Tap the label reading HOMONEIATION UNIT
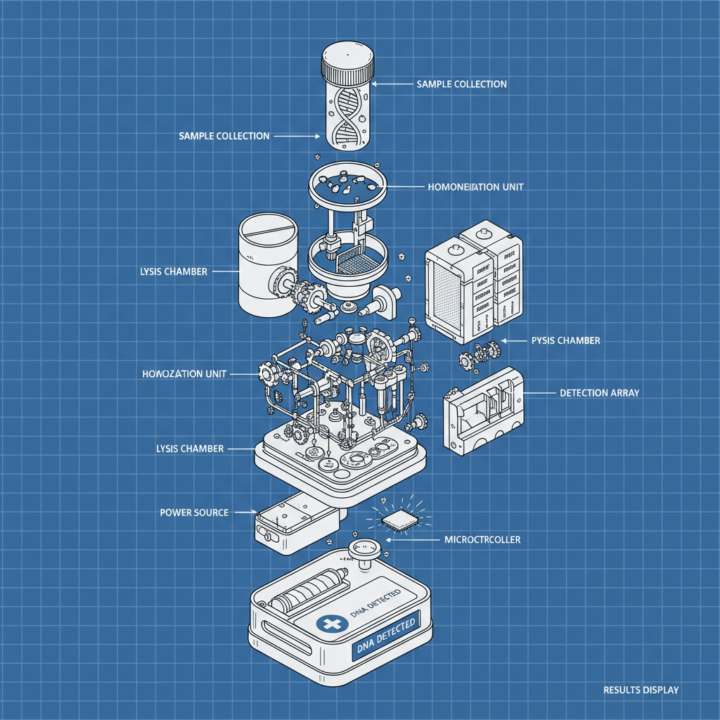click(475, 188)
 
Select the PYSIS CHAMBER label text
click(565, 340)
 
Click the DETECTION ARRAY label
click(599, 393)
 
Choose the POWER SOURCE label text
click(194, 513)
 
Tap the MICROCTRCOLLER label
click(482, 540)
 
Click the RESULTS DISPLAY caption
click(641, 690)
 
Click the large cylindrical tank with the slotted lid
click(269, 266)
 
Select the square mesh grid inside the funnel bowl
click(354, 262)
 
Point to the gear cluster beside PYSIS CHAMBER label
click(481, 354)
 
